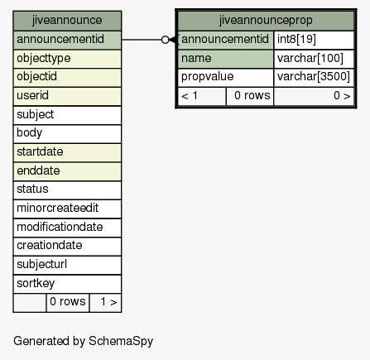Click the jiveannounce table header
coord(67,21)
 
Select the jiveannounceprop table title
coord(266,21)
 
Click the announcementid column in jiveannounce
coord(67,40)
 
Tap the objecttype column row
coord(67,59)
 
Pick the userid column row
coord(67,96)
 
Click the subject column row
coord(67,115)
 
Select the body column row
coord(67,134)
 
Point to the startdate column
coord(67,152)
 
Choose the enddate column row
coord(67,171)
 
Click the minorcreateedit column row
coord(67,209)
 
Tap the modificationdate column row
coord(67,228)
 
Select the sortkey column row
coord(67,284)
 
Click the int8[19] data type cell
coord(314,40)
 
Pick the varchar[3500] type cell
coord(314,78)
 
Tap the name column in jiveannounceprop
coord(225,59)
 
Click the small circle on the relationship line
coord(165,40)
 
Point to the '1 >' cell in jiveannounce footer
coord(105,303)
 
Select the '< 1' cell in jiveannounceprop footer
coord(202,96)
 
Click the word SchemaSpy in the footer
coord(121,341)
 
